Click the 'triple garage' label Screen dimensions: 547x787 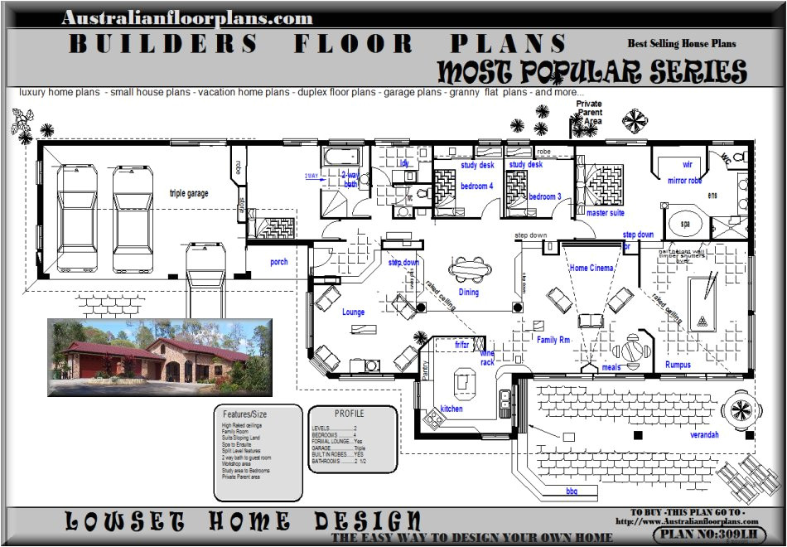point(189,193)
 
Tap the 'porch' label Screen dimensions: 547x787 point(279,262)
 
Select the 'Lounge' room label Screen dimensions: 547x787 point(354,312)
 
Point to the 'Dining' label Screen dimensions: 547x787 point(468,292)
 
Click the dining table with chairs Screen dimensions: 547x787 point(469,269)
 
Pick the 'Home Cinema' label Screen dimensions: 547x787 point(591,268)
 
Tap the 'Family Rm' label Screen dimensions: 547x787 point(553,340)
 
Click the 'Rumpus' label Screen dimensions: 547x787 point(678,365)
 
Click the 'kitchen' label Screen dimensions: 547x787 point(451,409)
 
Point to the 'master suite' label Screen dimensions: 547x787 point(605,213)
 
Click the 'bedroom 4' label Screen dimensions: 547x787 point(476,186)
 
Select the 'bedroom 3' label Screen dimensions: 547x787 point(545,196)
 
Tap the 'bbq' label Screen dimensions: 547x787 point(571,491)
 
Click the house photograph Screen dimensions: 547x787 point(159,356)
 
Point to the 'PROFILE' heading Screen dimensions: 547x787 point(349,413)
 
